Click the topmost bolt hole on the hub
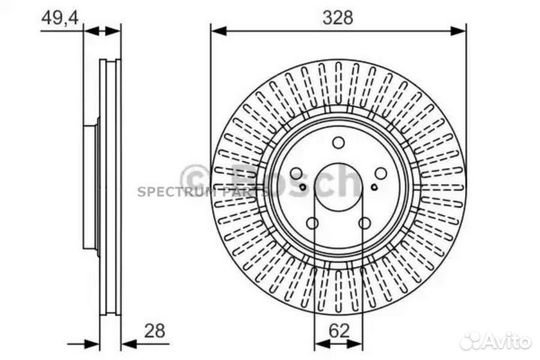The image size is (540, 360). [338, 142]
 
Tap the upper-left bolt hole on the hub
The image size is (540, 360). [296, 173]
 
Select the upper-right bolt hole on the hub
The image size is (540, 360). [380, 173]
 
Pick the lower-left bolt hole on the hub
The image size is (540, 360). [313, 223]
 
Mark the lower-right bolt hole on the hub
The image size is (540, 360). [364, 223]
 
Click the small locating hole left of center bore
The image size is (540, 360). [302, 187]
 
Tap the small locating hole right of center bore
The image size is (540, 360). [374, 187]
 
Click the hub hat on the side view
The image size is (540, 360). [91, 187]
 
